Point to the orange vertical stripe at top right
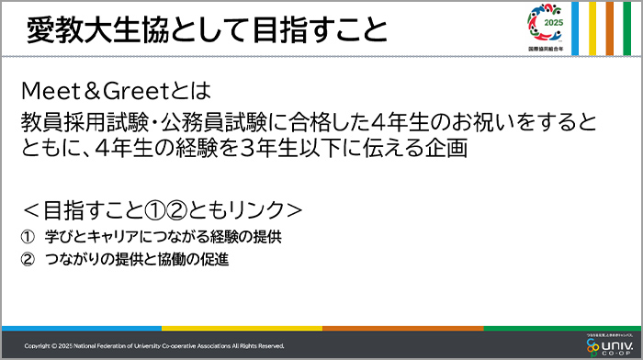(610, 28)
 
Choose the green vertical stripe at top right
(629, 28)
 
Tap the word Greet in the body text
(138, 92)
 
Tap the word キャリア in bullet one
(109, 236)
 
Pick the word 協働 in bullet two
(167, 260)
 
